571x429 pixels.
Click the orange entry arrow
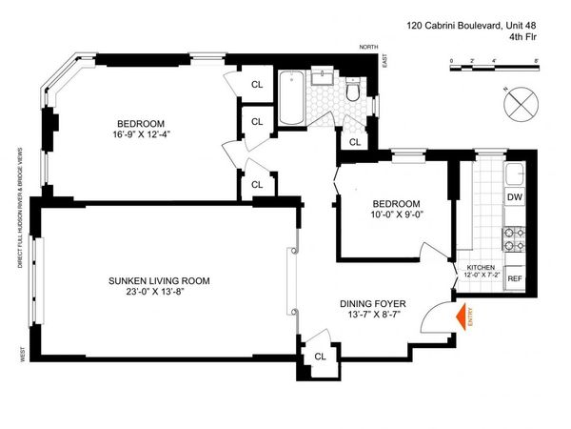pos(462,316)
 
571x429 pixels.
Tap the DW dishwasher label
pos(514,197)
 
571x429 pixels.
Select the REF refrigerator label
pos(514,278)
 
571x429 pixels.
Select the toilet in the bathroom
pos(354,90)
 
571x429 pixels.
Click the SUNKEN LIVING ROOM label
pos(159,280)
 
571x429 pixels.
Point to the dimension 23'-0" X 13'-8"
pos(159,294)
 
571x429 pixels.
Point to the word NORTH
pos(368,46)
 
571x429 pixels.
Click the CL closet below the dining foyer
pos(320,357)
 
